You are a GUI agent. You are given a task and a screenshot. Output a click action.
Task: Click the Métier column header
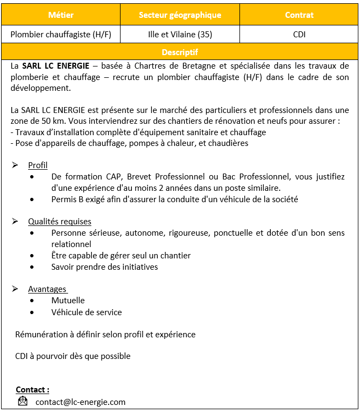coord(61,15)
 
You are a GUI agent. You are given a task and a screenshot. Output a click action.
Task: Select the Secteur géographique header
coord(180,15)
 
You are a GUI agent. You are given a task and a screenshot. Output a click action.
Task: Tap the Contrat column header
coord(299,15)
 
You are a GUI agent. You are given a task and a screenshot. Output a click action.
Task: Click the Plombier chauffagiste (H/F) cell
coord(61,35)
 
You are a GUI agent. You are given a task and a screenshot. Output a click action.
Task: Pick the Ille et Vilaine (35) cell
coord(180,35)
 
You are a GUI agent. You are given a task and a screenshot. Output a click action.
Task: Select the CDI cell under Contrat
coord(299,35)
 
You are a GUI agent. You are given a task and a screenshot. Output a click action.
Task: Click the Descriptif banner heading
coord(180,52)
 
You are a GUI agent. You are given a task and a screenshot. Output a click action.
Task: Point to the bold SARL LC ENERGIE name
coord(56,66)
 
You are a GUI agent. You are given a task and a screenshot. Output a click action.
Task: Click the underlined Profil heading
coord(38,165)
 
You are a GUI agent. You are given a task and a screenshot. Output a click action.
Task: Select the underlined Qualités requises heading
coord(59,222)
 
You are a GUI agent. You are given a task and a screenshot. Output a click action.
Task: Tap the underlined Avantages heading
coord(47,289)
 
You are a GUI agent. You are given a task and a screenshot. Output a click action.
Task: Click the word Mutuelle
coord(68,301)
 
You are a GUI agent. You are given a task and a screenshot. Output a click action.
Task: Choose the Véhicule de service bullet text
coord(86,312)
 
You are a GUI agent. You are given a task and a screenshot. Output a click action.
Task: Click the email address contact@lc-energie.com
coord(81,402)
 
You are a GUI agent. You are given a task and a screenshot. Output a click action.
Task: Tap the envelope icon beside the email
coord(23,402)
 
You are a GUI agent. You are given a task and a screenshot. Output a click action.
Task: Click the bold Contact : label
coord(32,390)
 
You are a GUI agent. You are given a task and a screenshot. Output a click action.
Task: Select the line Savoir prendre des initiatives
coord(104,267)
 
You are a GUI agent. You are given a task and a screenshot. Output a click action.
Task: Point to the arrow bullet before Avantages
coord(15,289)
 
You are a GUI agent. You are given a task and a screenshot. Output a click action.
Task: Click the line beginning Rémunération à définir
coord(105,335)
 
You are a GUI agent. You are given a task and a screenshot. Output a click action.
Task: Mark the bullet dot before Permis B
coord(34,199)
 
